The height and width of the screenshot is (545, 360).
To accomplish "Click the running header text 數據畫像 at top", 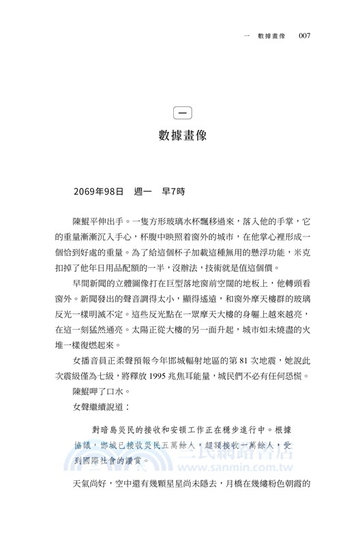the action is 271,35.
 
